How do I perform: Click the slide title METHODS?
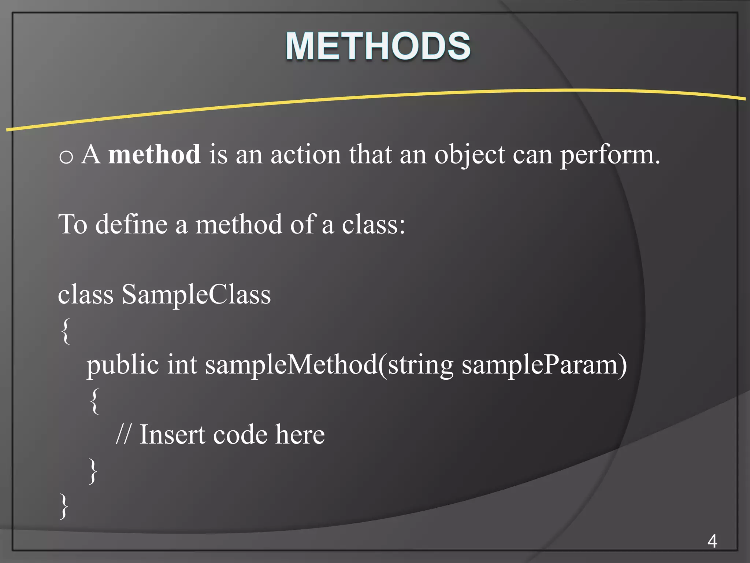(378, 46)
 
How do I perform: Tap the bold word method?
(154, 154)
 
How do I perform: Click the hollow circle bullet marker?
(66, 157)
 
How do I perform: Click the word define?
(131, 224)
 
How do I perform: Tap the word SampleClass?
(196, 294)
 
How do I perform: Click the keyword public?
(122, 365)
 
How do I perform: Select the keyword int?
(182, 365)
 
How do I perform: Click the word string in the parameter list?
(420, 365)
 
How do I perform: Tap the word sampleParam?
(540, 365)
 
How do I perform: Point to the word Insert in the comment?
(172, 434)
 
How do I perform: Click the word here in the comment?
(300, 434)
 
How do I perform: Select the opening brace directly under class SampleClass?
(66, 331)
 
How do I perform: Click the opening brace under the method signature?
(94, 401)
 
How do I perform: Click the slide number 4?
(712, 541)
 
